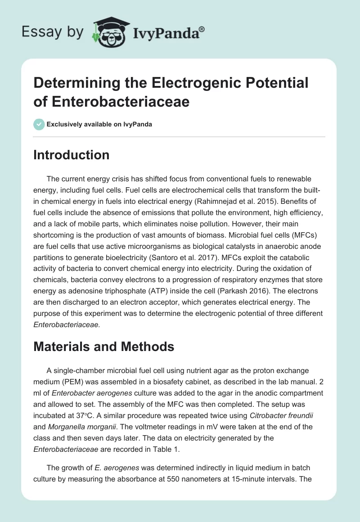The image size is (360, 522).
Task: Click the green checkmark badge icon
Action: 39,124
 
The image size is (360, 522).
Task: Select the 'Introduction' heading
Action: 72,155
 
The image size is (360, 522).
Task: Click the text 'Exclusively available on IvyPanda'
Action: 99,124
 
